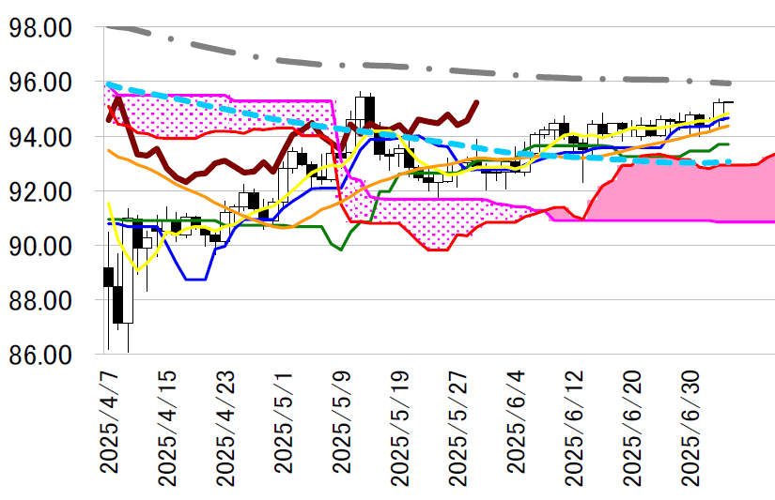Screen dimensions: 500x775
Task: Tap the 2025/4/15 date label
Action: (x=167, y=427)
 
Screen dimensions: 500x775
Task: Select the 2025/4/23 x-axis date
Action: (x=225, y=427)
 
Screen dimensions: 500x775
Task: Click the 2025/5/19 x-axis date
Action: (x=400, y=427)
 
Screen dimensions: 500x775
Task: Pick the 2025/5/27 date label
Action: (x=458, y=427)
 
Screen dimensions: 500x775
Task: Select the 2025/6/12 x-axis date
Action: (x=575, y=427)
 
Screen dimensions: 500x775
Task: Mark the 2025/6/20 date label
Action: (x=633, y=427)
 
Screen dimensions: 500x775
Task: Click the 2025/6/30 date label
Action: (x=691, y=427)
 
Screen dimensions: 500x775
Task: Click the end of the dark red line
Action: (x=477, y=102)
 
